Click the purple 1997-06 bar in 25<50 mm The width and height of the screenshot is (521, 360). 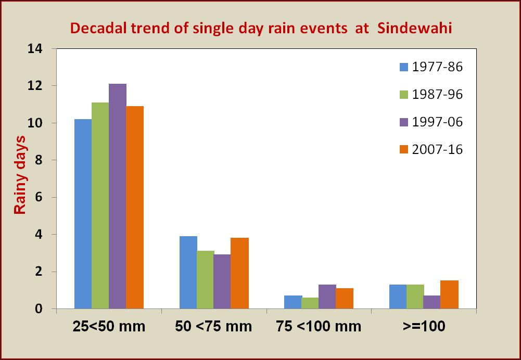coord(118,196)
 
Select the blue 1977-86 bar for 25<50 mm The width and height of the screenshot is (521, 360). coord(83,214)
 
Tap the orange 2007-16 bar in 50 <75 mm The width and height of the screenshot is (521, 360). coord(239,273)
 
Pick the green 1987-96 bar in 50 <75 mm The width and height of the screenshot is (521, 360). coord(206,280)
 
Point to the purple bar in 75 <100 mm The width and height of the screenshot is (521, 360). coord(327,297)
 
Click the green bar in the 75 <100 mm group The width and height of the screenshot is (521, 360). coord(310,303)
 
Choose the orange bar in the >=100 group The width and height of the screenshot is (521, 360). coord(450,294)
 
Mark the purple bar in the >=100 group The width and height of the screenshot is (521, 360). coord(433,302)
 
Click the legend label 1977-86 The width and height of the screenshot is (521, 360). coord(437,67)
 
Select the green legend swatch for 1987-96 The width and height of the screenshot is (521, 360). coord(404,95)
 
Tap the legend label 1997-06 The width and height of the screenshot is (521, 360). coord(437,122)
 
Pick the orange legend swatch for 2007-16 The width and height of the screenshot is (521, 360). coord(404,149)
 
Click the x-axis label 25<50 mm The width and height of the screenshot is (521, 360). coord(109,327)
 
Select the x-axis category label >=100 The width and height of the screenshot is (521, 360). coord(424,327)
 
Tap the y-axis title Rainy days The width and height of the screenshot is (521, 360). coord(20,174)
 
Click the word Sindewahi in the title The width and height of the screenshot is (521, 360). coord(415,28)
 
